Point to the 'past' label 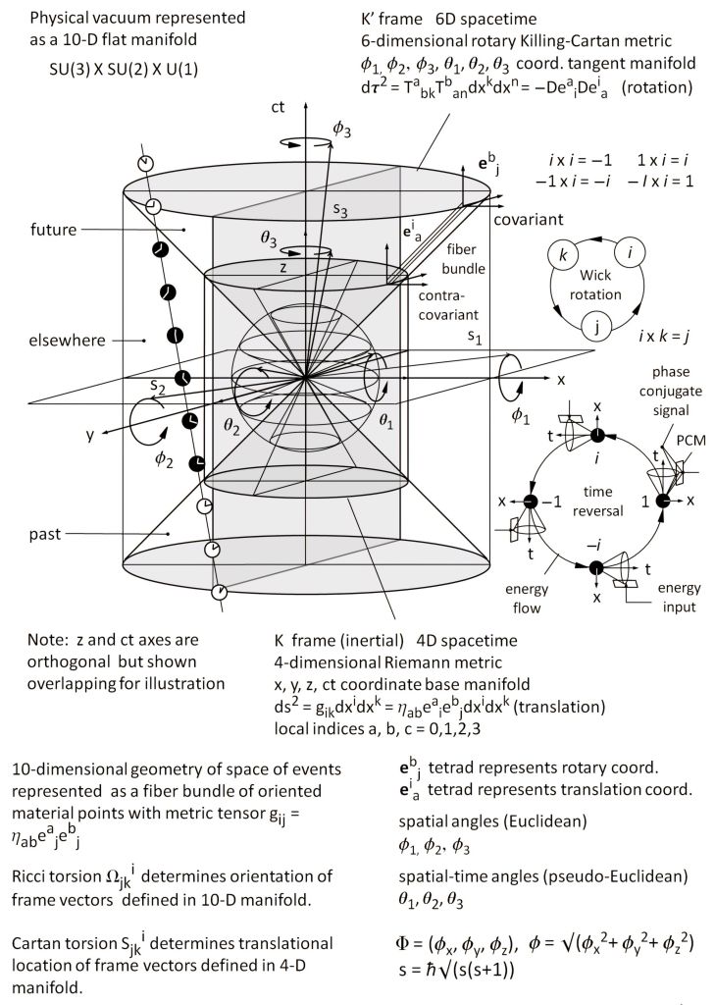[46, 534]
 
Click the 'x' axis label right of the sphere [561, 378]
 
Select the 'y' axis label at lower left [89, 435]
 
